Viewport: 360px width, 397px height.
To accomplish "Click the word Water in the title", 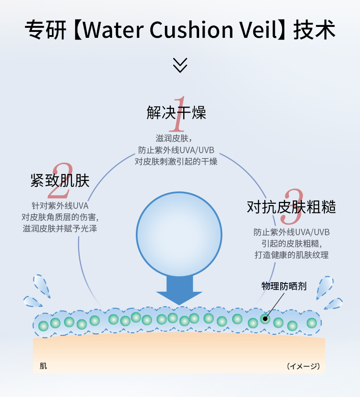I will [x=113, y=30].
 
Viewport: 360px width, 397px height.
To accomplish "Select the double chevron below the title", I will [x=180, y=65].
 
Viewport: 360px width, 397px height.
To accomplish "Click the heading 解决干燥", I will [x=176, y=112].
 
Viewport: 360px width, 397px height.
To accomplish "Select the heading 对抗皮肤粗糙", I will [x=291, y=207].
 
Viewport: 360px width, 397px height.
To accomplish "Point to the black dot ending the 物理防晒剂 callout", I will [x=265, y=318].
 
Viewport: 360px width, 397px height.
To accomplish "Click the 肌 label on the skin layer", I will [x=43, y=366].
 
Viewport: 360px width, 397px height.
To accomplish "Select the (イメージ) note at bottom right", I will [x=303, y=366].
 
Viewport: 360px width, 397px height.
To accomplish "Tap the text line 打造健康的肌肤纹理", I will [x=291, y=255].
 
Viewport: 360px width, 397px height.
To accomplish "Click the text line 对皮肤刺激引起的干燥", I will [x=176, y=161].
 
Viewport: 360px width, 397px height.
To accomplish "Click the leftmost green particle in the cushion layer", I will [x=43, y=325].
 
